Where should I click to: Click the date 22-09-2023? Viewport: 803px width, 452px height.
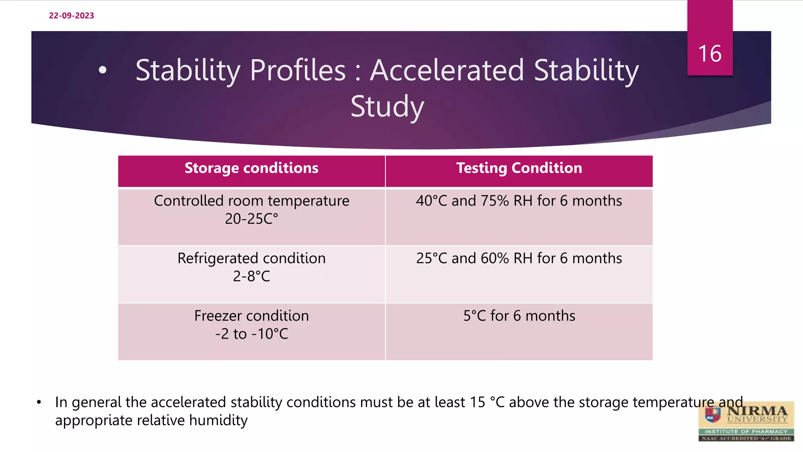coord(71,16)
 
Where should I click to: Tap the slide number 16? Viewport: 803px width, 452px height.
coord(710,54)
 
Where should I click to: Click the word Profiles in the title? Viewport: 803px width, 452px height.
coord(298,71)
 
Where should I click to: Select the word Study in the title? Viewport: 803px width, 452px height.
coord(387,107)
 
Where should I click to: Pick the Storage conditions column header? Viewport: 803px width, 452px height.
coord(251,168)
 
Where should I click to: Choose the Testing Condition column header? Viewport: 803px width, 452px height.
coord(519,168)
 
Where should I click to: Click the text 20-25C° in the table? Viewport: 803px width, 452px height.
coord(251,219)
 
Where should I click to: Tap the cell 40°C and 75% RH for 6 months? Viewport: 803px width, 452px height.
coord(519,201)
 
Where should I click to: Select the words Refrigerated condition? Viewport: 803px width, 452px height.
coord(251,259)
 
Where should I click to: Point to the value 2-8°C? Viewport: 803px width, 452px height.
coord(251,277)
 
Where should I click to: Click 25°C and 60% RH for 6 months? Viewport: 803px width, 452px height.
coord(519,259)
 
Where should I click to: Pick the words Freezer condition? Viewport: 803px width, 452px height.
coord(251,316)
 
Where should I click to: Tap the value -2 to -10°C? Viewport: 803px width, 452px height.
coord(251,334)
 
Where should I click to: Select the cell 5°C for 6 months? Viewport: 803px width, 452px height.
coord(519,316)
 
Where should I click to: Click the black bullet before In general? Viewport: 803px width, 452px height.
coord(39,403)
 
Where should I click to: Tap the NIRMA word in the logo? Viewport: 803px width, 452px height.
coord(757,411)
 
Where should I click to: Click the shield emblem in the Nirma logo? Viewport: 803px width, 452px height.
coord(713,414)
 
